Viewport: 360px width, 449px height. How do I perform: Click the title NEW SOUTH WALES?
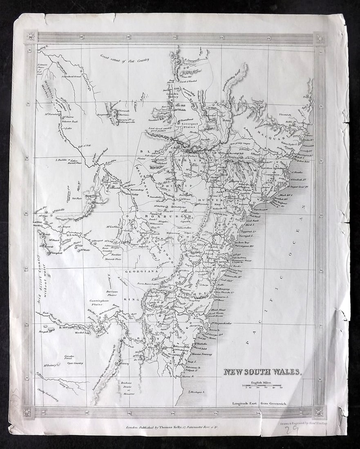point(262,372)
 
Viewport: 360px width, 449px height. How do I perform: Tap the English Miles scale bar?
point(261,385)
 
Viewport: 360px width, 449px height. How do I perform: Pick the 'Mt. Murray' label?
point(123,362)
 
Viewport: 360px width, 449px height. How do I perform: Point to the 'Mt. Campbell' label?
point(55,253)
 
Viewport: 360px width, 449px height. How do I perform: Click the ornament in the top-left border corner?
point(31,38)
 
